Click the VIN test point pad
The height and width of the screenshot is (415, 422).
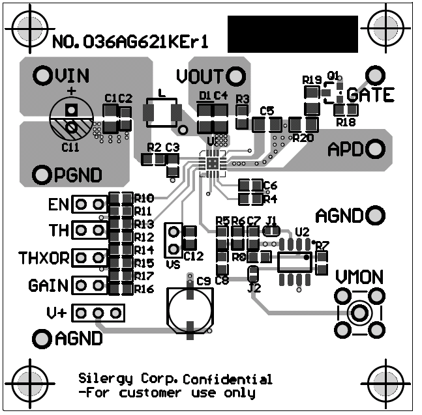pos(43,76)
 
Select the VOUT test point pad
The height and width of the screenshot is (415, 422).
pos(234,76)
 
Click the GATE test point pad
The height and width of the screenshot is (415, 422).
pos(374,73)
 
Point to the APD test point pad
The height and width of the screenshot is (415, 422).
pos(374,149)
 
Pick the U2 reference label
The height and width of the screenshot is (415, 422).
pos(302,232)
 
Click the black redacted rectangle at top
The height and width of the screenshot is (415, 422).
pos(292,33)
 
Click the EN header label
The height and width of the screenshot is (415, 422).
pos(58,205)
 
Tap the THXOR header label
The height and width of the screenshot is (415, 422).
pos(44,258)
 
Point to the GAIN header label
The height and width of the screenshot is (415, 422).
pos(48,285)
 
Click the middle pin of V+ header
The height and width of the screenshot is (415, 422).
pos(99,313)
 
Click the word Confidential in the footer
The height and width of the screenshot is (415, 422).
pos(228,379)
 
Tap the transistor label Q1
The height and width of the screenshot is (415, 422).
pos(333,76)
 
